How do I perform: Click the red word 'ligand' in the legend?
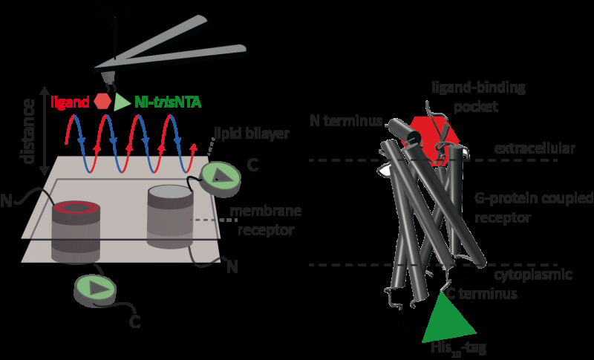(71, 101)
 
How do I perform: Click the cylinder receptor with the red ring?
(74, 230)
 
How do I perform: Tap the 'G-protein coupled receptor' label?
(530, 208)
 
